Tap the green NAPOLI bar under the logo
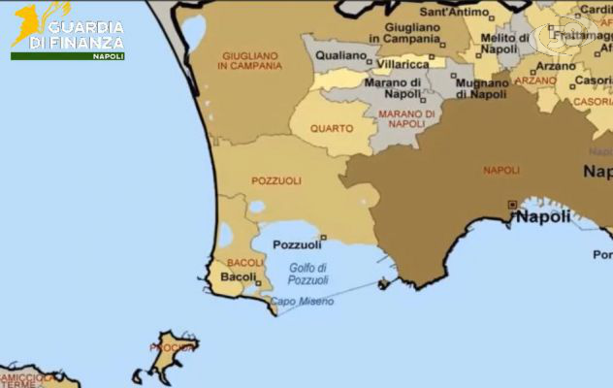pyautogui.click(x=67, y=55)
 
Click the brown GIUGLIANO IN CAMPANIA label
pyautogui.click(x=250, y=61)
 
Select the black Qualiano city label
pyautogui.click(x=341, y=56)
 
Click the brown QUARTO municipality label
pyautogui.click(x=332, y=128)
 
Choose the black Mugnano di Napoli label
pyautogui.click(x=482, y=89)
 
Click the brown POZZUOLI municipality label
pyautogui.click(x=276, y=180)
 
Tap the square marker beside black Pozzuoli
pyautogui.click(x=323, y=237)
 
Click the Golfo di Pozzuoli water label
pyautogui.click(x=308, y=274)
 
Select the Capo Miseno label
pyautogui.click(x=302, y=302)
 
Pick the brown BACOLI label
pyautogui.click(x=245, y=263)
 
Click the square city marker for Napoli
pyautogui.click(x=512, y=205)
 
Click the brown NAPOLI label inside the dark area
pyautogui.click(x=501, y=170)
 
